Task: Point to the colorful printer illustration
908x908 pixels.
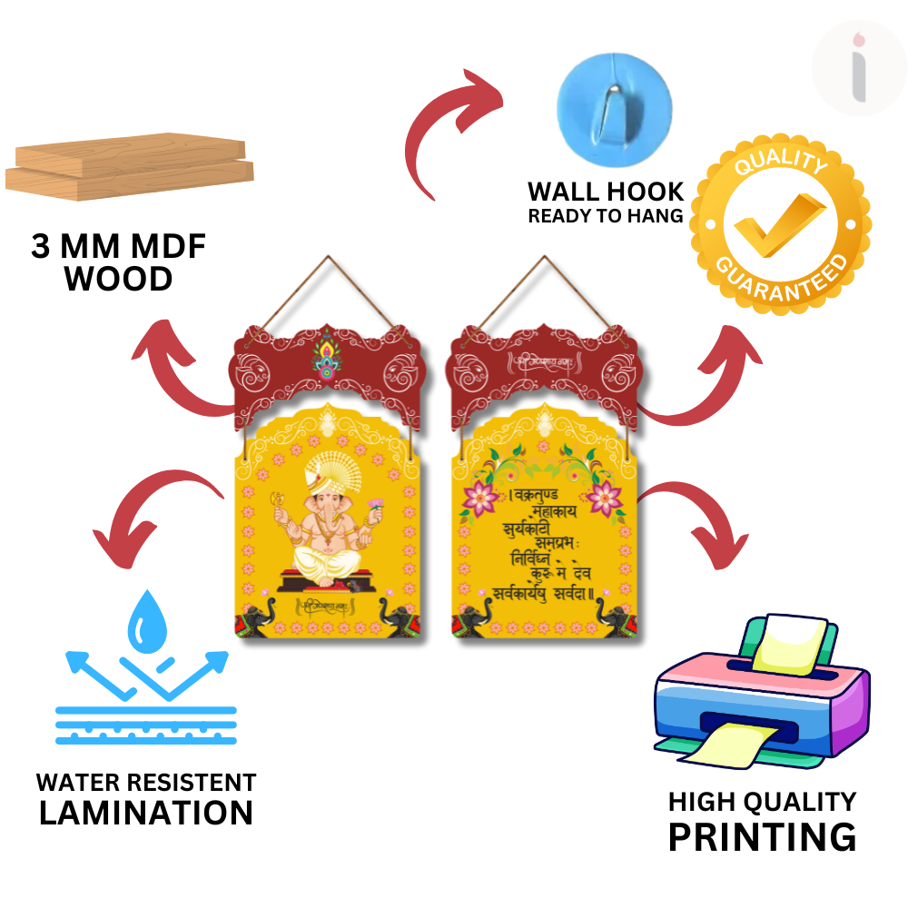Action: (x=761, y=695)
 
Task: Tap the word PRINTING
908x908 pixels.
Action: (x=762, y=836)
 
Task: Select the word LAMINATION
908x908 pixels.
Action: (x=146, y=813)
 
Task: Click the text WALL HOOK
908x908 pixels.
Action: (x=606, y=192)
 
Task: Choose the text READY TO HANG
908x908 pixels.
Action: (x=606, y=216)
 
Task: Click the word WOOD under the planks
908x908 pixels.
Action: (x=119, y=280)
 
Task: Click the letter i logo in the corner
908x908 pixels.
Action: (x=859, y=68)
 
